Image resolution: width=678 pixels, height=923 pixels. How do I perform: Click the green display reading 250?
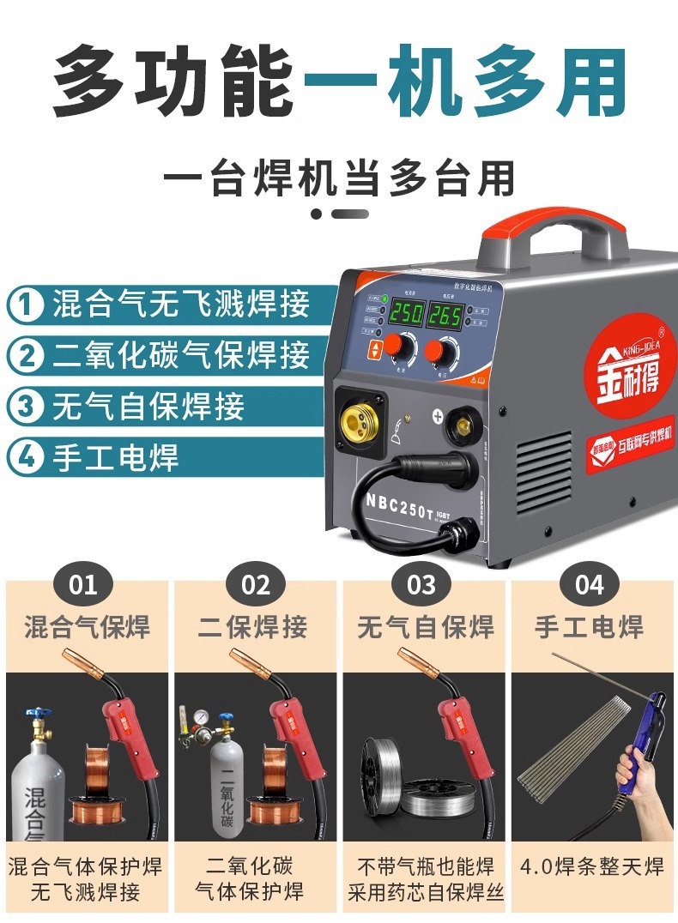tap(406, 312)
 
